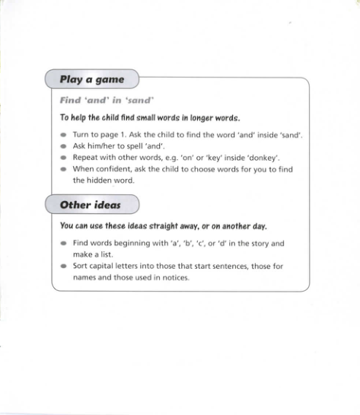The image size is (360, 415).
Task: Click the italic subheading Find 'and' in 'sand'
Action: click(x=107, y=101)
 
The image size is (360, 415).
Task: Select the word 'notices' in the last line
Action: click(x=174, y=278)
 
